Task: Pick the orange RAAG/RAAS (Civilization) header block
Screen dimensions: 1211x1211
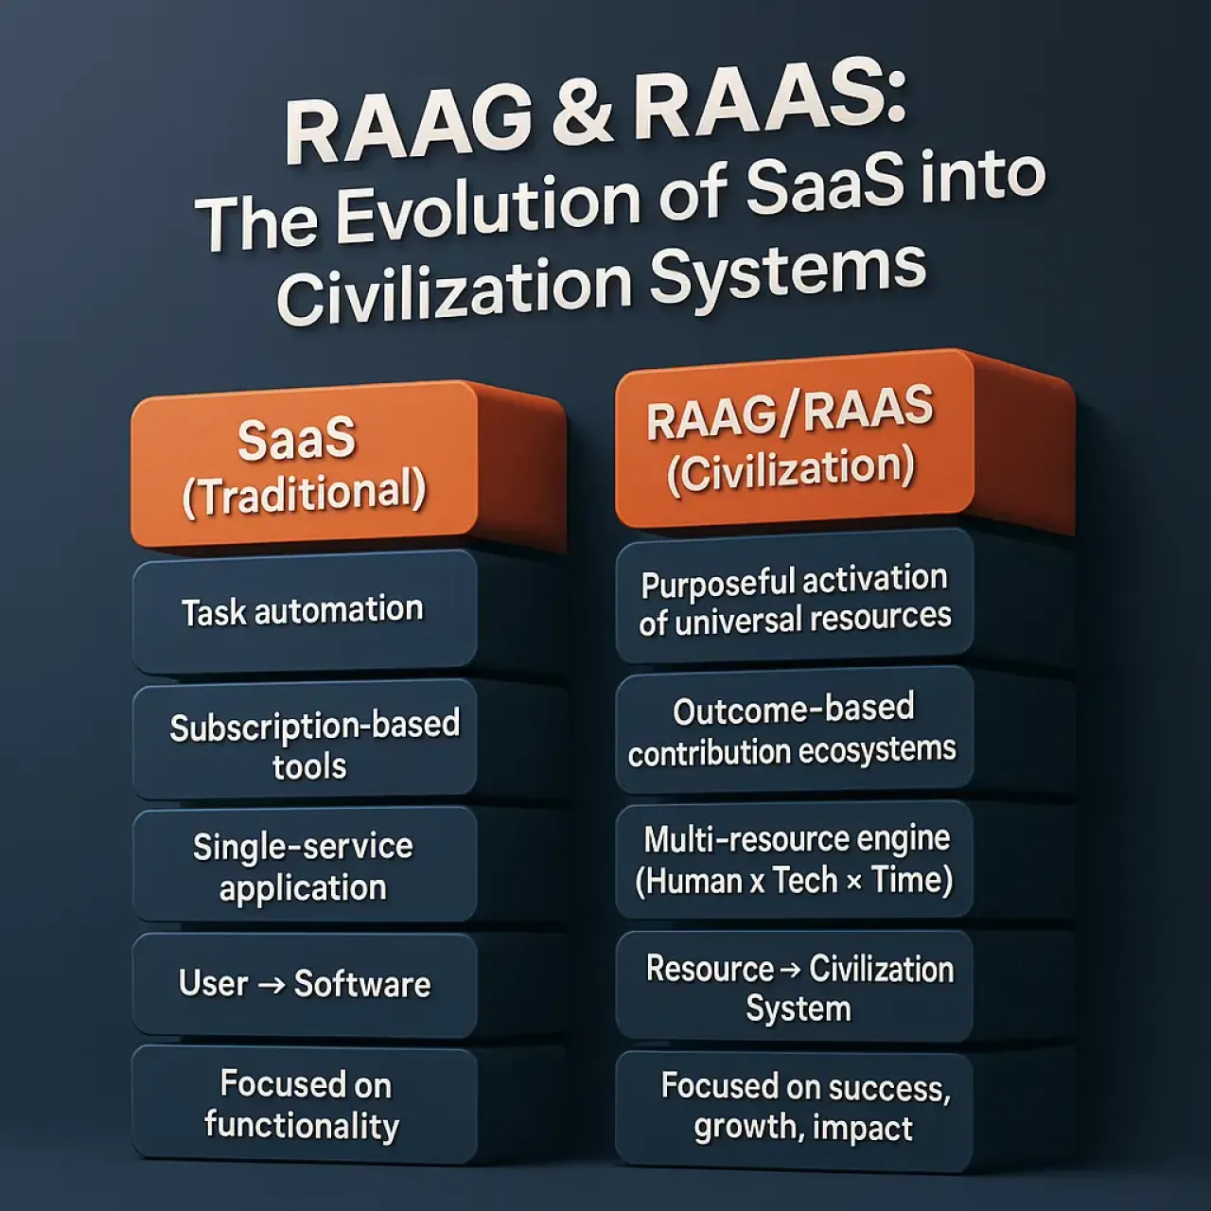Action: point(792,439)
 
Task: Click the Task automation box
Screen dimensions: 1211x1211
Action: point(303,611)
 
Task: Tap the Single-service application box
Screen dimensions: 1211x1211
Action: point(303,867)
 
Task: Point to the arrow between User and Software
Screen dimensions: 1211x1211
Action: point(272,985)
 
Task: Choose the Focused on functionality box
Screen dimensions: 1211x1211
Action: point(303,1105)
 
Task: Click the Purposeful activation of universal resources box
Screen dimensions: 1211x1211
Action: point(794,599)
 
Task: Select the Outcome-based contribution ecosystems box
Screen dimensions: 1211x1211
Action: point(793,729)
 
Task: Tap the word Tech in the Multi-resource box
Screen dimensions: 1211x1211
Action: point(805,881)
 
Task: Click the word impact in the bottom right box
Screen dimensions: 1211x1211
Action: point(864,1128)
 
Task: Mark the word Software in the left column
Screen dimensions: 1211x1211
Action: point(362,984)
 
